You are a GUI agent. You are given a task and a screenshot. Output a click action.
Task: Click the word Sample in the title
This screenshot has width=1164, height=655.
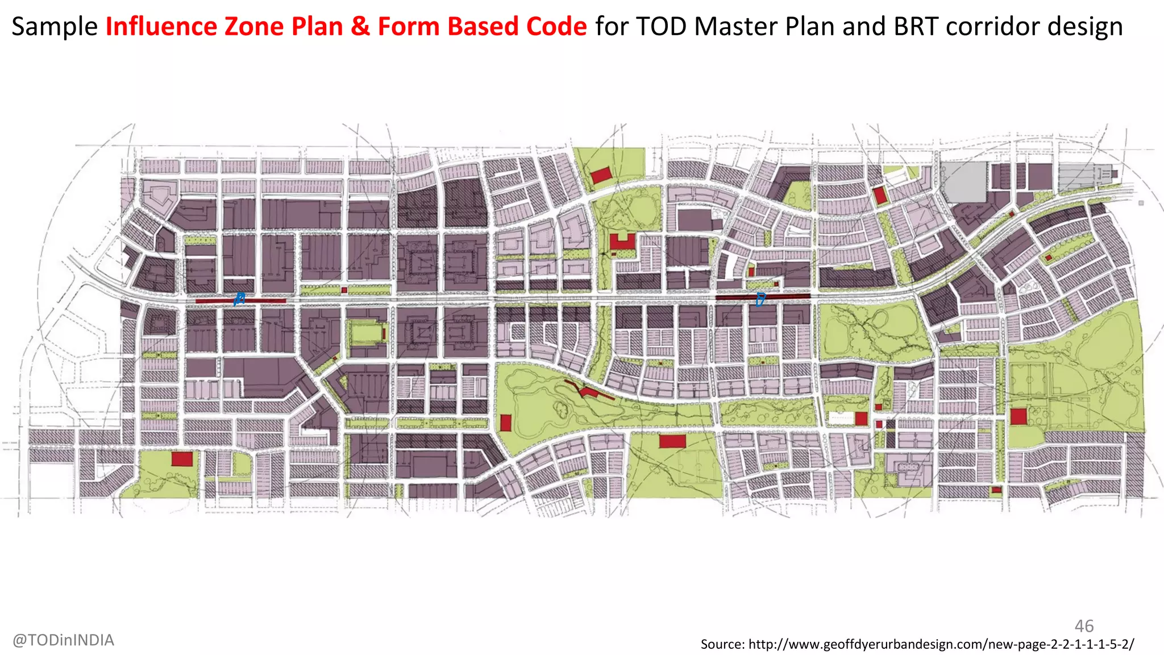pos(55,27)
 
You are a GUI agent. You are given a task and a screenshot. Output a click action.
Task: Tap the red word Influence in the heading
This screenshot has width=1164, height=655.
pos(161,27)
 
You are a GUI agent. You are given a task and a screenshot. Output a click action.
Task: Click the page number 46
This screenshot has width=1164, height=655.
pos(1084,626)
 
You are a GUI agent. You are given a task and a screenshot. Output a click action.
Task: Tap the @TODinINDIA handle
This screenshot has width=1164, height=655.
pos(63,640)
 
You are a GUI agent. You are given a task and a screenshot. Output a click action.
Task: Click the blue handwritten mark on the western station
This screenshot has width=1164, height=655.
pos(239,299)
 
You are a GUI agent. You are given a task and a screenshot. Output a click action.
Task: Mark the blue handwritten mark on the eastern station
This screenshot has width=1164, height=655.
pos(760,299)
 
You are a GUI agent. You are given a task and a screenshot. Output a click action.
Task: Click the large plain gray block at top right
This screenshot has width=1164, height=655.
pos(965,182)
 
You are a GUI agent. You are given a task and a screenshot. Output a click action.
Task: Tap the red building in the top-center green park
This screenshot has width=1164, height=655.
pos(601,175)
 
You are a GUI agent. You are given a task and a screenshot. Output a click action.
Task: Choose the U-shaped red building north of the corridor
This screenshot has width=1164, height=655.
pos(622,243)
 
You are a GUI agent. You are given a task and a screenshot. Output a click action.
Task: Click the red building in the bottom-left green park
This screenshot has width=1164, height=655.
pos(182,459)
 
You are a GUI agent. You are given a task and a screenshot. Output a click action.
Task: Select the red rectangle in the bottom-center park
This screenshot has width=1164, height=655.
pos(672,441)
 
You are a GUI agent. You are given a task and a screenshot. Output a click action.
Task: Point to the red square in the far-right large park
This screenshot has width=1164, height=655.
pos(1018,416)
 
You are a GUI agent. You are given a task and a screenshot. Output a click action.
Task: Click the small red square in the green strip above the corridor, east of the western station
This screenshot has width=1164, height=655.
pos(344,290)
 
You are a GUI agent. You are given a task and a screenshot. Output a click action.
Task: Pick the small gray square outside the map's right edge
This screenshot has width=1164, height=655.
pos(1141,203)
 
